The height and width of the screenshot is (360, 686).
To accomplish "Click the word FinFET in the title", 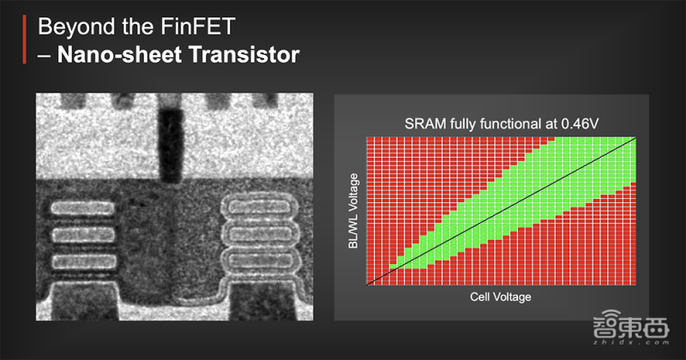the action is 198,27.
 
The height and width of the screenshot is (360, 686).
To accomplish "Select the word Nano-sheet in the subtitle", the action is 119,55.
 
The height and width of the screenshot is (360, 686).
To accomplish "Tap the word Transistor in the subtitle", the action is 244,55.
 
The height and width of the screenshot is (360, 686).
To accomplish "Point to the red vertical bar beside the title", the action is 25,39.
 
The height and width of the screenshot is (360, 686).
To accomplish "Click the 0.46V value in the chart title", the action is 580,123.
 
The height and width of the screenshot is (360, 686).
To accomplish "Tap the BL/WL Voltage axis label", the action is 353,211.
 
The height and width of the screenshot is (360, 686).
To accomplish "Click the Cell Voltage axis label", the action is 501,297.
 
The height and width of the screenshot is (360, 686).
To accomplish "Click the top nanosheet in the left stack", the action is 82,208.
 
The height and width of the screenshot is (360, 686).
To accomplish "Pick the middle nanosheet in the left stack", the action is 83,236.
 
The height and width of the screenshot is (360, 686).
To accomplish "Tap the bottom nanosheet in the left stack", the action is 84,261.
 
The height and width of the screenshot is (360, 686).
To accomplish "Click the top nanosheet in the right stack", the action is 261,207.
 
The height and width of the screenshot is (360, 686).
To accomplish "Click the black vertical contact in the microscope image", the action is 170,144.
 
